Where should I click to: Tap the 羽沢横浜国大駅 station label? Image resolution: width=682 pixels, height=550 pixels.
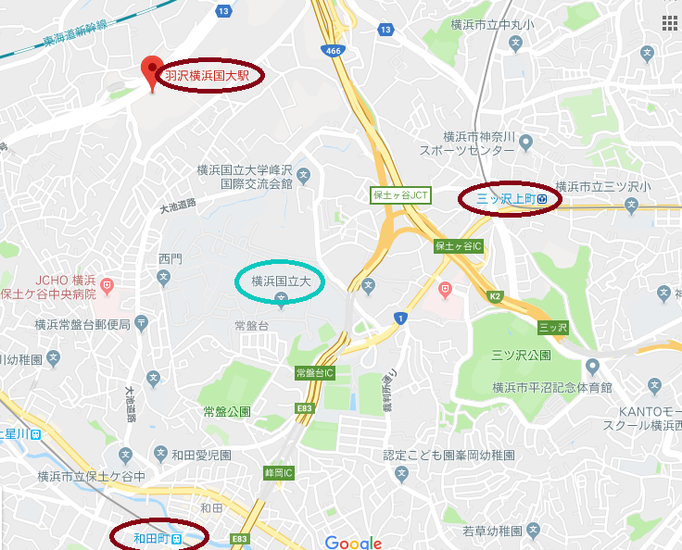208,76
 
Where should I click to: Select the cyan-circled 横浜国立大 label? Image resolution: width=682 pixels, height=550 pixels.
281,280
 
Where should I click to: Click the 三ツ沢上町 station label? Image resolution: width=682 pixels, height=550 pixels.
505,198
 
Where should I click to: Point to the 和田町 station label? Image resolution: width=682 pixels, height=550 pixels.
150,537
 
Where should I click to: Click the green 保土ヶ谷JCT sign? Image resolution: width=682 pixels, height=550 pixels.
400,195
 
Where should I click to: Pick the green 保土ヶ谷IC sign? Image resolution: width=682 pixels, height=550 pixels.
459,247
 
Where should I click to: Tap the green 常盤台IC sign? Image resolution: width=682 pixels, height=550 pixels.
314,373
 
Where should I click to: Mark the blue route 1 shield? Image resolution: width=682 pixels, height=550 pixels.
400,319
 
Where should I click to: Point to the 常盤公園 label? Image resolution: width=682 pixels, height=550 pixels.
226,411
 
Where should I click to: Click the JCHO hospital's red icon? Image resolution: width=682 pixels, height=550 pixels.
107,282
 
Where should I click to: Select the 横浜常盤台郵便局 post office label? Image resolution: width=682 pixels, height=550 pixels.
82,324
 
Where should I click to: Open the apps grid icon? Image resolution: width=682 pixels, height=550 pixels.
669,22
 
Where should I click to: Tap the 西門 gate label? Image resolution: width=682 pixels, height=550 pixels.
170,258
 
